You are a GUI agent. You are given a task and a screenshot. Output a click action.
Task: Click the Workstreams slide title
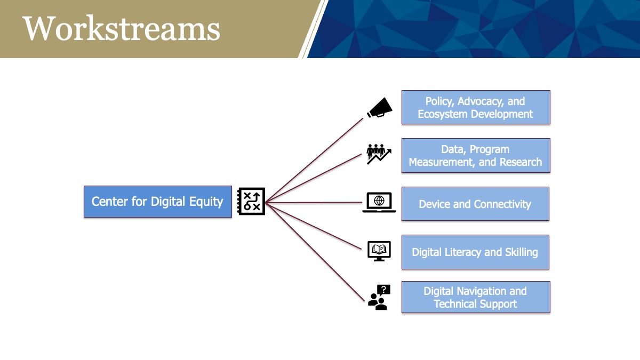121,29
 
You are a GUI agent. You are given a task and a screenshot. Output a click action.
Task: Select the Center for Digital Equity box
158,202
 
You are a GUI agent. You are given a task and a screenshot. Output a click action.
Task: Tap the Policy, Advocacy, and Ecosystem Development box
476,107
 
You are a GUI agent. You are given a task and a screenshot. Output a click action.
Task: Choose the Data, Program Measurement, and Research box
476,156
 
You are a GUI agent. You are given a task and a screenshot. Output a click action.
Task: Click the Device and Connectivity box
475,204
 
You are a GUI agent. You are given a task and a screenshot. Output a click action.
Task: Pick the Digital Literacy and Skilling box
475,252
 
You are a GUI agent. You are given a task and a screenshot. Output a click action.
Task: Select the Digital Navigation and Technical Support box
476,297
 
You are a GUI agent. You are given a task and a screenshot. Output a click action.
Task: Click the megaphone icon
379,108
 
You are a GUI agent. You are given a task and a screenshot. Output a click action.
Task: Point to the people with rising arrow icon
379,154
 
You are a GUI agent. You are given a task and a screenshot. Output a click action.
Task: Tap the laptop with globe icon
379,202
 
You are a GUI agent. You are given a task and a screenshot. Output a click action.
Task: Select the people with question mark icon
379,298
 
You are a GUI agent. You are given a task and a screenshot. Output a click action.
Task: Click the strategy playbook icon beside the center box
251,202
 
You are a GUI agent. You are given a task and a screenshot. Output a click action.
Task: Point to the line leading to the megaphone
314,161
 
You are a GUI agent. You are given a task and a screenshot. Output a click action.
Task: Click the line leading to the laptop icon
314,203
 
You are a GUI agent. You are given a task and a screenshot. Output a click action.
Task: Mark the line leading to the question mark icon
315,252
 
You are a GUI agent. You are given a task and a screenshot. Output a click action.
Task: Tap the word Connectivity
502,204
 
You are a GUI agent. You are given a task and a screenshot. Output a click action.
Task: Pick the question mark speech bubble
383,290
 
